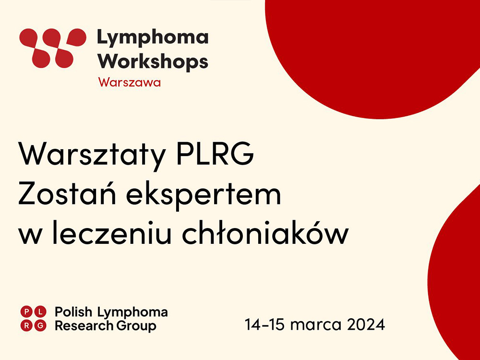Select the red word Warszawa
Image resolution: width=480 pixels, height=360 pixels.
[x=130, y=82]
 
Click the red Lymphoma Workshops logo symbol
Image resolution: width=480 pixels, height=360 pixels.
[x=53, y=48]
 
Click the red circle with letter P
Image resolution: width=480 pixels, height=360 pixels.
[x=26, y=312]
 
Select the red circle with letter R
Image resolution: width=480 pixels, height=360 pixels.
[x=26, y=326]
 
